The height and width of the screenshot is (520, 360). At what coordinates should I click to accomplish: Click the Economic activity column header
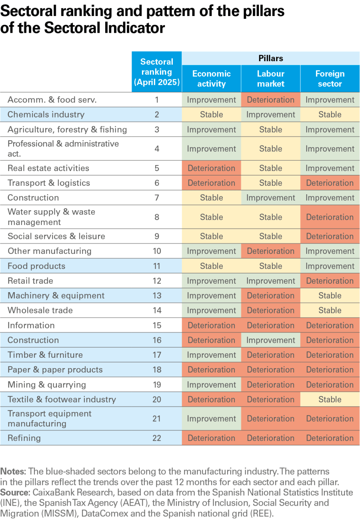tap(211, 79)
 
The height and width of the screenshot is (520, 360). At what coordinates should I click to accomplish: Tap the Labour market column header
tap(270, 79)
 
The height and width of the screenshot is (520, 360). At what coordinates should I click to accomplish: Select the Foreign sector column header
tap(330, 79)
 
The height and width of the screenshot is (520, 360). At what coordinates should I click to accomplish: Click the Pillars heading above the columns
tap(270, 58)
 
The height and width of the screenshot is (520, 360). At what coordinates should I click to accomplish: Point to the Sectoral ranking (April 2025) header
tap(157, 72)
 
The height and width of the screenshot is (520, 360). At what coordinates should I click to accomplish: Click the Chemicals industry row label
tap(46, 115)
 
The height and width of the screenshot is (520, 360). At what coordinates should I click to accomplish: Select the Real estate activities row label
tap(48, 168)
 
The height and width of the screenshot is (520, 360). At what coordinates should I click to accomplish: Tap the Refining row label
tap(24, 438)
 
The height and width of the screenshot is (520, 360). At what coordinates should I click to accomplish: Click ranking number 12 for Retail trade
tap(157, 281)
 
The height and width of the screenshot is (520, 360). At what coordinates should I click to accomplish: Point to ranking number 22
tap(157, 438)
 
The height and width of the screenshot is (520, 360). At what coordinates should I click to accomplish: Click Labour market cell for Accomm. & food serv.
tap(270, 100)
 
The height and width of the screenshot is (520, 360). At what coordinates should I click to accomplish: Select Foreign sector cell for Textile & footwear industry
tap(330, 399)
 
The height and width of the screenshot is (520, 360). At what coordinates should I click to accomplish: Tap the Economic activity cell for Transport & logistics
tap(211, 183)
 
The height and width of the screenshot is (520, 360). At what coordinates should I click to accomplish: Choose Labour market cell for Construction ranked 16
tap(270, 340)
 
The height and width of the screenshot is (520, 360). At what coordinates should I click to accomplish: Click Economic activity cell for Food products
tap(211, 266)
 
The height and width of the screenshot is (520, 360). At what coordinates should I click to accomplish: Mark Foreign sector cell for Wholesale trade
tap(330, 311)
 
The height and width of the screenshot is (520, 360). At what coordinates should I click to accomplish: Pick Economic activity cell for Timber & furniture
tap(211, 355)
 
